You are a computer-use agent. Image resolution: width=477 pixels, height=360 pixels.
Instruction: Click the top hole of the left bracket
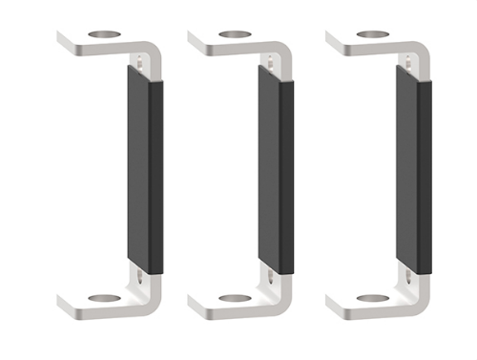pos(105,35)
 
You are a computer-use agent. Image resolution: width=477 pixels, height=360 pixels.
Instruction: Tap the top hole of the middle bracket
pos(235,35)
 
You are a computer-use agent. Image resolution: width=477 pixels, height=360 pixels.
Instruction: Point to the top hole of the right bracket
pos(373,35)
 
